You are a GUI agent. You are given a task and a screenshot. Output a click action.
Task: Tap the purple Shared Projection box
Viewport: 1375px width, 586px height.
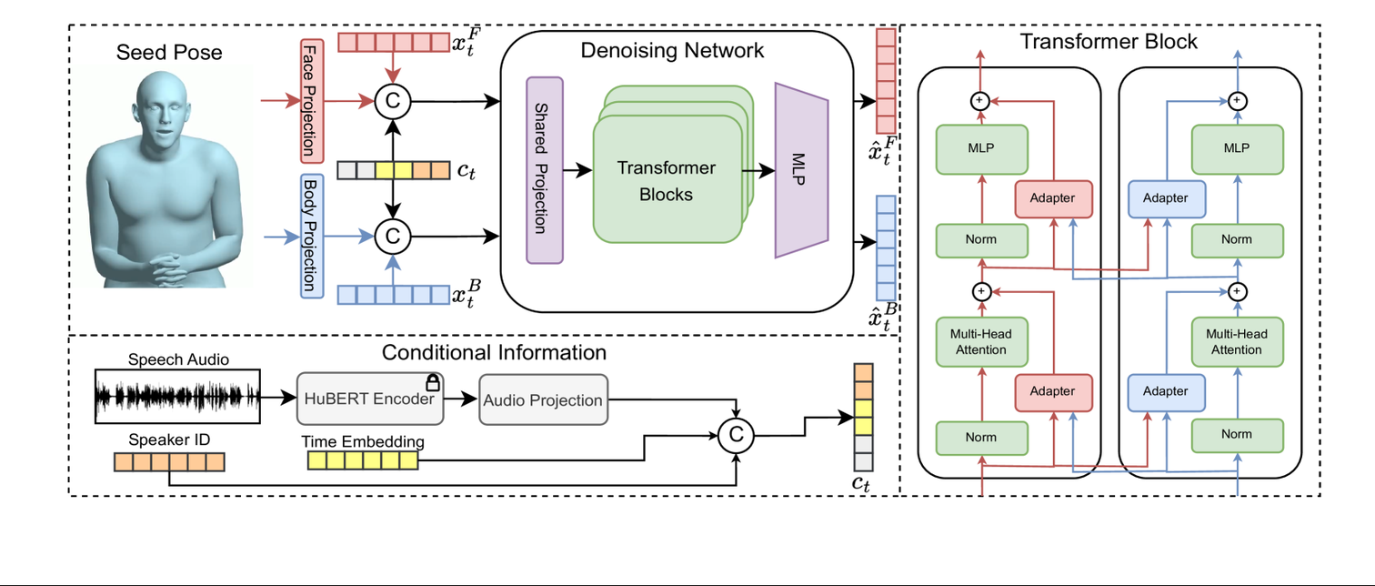(x=545, y=171)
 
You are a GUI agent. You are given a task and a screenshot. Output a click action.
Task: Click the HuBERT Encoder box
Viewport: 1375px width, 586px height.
(x=370, y=399)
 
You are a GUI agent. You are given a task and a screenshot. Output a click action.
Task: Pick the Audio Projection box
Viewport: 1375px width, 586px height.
(x=543, y=399)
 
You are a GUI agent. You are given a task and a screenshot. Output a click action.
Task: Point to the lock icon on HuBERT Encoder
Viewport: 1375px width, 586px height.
(x=433, y=382)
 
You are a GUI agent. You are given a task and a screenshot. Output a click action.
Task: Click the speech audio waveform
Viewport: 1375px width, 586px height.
(x=178, y=397)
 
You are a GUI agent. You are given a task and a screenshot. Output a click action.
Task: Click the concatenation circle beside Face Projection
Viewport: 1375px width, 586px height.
(x=393, y=101)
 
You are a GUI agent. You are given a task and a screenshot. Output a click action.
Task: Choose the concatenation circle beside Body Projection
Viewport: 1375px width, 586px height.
(x=393, y=237)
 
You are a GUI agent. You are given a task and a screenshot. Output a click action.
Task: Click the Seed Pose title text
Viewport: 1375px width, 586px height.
(x=169, y=53)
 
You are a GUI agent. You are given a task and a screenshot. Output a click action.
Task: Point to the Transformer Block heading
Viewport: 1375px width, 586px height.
(x=1109, y=41)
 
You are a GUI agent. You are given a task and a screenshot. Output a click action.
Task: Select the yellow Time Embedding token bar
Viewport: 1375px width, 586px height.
(x=363, y=460)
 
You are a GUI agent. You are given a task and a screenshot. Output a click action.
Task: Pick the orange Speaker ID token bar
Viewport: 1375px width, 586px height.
(x=168, y=461)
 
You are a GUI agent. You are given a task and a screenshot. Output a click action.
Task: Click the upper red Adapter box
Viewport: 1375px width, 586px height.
(x=1051, y=197)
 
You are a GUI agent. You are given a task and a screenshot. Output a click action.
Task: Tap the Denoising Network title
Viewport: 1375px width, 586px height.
(x=672, y=50)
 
